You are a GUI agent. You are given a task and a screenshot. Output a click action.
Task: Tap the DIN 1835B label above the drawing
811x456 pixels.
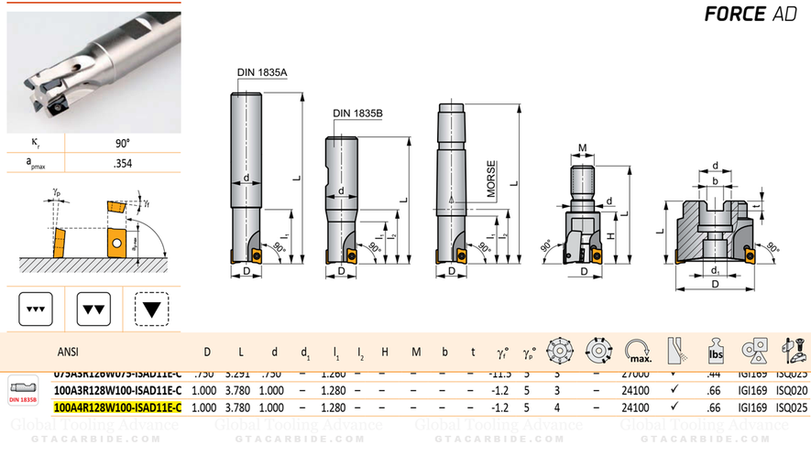[x=357, y=113]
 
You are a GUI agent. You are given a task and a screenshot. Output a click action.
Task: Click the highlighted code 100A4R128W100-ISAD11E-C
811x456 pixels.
[x=117, y=407]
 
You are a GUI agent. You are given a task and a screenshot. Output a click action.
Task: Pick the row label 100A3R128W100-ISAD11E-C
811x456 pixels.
[x=117, y=390]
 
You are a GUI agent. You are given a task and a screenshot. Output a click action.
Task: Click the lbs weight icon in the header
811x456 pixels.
[x=715, y=352]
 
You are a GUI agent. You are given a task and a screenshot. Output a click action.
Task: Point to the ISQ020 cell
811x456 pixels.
[x=791, y=390]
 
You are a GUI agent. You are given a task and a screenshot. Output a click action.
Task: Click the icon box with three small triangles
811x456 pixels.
[x=37, y=310]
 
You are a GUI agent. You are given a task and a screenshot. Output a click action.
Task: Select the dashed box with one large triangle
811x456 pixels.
[x=152, y=310]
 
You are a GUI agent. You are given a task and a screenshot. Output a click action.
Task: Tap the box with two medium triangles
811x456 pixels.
[x=94, y=310]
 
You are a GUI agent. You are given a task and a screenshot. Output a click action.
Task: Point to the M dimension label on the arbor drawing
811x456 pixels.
[x=583, y=147]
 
